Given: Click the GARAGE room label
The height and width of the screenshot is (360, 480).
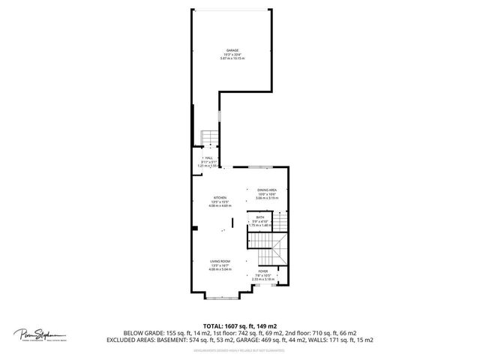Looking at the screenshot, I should pos(228,50).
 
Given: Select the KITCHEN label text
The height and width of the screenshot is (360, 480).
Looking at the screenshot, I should pos(219,197).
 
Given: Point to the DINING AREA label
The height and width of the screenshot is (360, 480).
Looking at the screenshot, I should pos(267,190).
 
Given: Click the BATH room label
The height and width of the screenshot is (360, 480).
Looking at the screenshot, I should pos(259,217).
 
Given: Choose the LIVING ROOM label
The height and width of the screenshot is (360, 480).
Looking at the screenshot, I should pos(220,261).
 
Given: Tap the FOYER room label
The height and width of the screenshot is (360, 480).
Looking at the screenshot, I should pos(264,271).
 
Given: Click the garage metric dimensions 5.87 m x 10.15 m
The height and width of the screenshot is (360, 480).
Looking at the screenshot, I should pos(228,58).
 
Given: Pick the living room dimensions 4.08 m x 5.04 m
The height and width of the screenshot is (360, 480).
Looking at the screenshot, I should pos(220,269).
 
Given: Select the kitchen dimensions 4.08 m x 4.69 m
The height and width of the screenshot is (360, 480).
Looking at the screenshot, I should pos(219,205).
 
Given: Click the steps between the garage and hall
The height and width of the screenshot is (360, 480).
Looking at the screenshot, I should pos(209,137).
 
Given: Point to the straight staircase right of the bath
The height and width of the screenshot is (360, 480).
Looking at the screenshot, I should pos(279,222).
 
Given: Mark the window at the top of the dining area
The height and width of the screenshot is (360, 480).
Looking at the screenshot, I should pos(260,167).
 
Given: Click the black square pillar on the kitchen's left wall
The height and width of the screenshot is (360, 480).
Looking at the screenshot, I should pos(194,227).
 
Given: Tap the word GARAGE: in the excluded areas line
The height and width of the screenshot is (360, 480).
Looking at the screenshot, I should pos(275,340).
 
